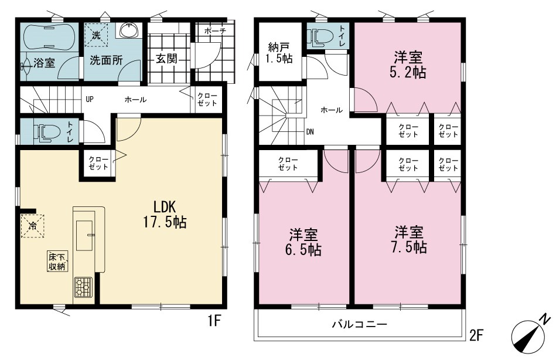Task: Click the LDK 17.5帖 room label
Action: [165, 214]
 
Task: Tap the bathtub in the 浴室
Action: [49, 36]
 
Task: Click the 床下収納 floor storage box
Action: [57, 261]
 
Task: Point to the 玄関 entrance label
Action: [166, 59]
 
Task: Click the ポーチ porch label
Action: [215, 31]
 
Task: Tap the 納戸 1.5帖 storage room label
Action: [280, 53]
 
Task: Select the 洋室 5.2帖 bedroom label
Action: [408, 64]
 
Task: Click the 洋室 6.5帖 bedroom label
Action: [303, 242]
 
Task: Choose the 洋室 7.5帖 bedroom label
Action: [409, 240]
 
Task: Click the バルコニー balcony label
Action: [360, 324]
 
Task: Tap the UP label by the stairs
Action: [90, 100]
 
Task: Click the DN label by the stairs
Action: [310, 132]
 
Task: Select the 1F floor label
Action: [214, 321]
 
